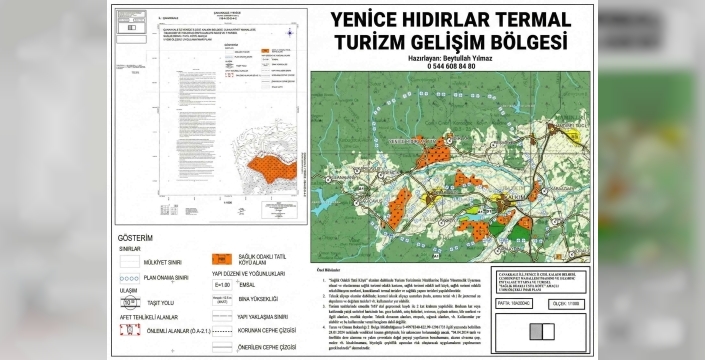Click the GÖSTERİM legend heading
[x=136, y=238]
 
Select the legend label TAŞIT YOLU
[x=164, y=300]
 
